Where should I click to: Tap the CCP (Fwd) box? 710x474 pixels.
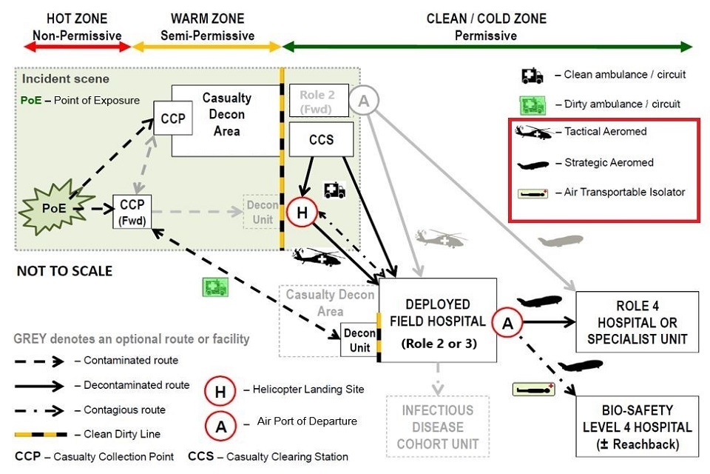(x=132, y=211)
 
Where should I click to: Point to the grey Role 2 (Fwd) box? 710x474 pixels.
(x=317, y=101)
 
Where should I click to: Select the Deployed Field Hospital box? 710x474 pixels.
(x=438, y=321)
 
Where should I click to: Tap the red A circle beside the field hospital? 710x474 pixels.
(x=507, y=322)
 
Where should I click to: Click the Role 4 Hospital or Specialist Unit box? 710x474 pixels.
(x=637, y=322)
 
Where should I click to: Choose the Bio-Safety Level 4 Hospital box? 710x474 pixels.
(x=637, y=426)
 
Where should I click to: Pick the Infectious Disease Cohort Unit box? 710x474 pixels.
(x=438, y=426)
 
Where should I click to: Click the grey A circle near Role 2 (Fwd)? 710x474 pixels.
(x=363, y=99)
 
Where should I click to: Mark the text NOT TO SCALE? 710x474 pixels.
(x=65, y=271)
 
